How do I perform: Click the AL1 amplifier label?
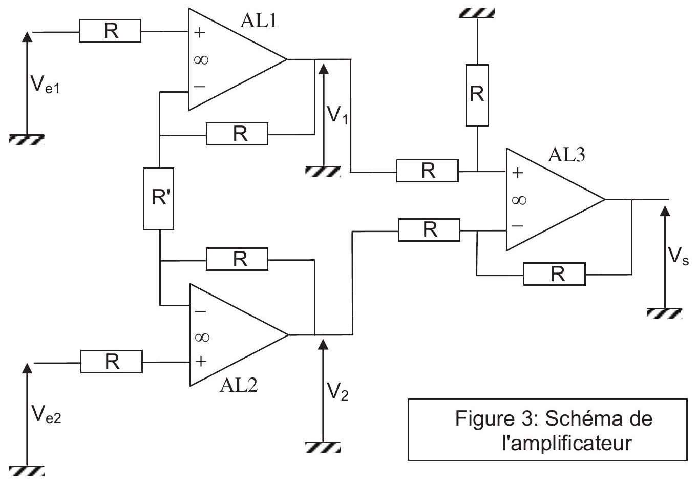click(258, 21)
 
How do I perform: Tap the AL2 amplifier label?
click(239, 386)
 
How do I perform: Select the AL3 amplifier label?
click(566, 155)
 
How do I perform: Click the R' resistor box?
click(159, 199)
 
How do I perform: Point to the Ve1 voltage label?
click(45, 84)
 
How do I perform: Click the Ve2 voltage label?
click(46, 415)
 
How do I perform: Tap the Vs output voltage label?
click(678, 257)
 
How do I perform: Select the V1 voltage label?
click(337, 115)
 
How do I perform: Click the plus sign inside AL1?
click(199, 33)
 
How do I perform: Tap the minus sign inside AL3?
click(518, 225)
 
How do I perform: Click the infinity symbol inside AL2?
click(202, 338)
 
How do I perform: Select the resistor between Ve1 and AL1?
click(110, 31)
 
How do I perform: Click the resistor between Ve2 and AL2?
click(112, 362)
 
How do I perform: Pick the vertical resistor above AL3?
click(477, 95)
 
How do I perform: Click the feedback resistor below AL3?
click(554, 274)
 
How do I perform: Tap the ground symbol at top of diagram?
click(477, 13)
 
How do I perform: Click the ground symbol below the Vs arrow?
click(664, 313)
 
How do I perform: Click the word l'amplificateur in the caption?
click(567, 444)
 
